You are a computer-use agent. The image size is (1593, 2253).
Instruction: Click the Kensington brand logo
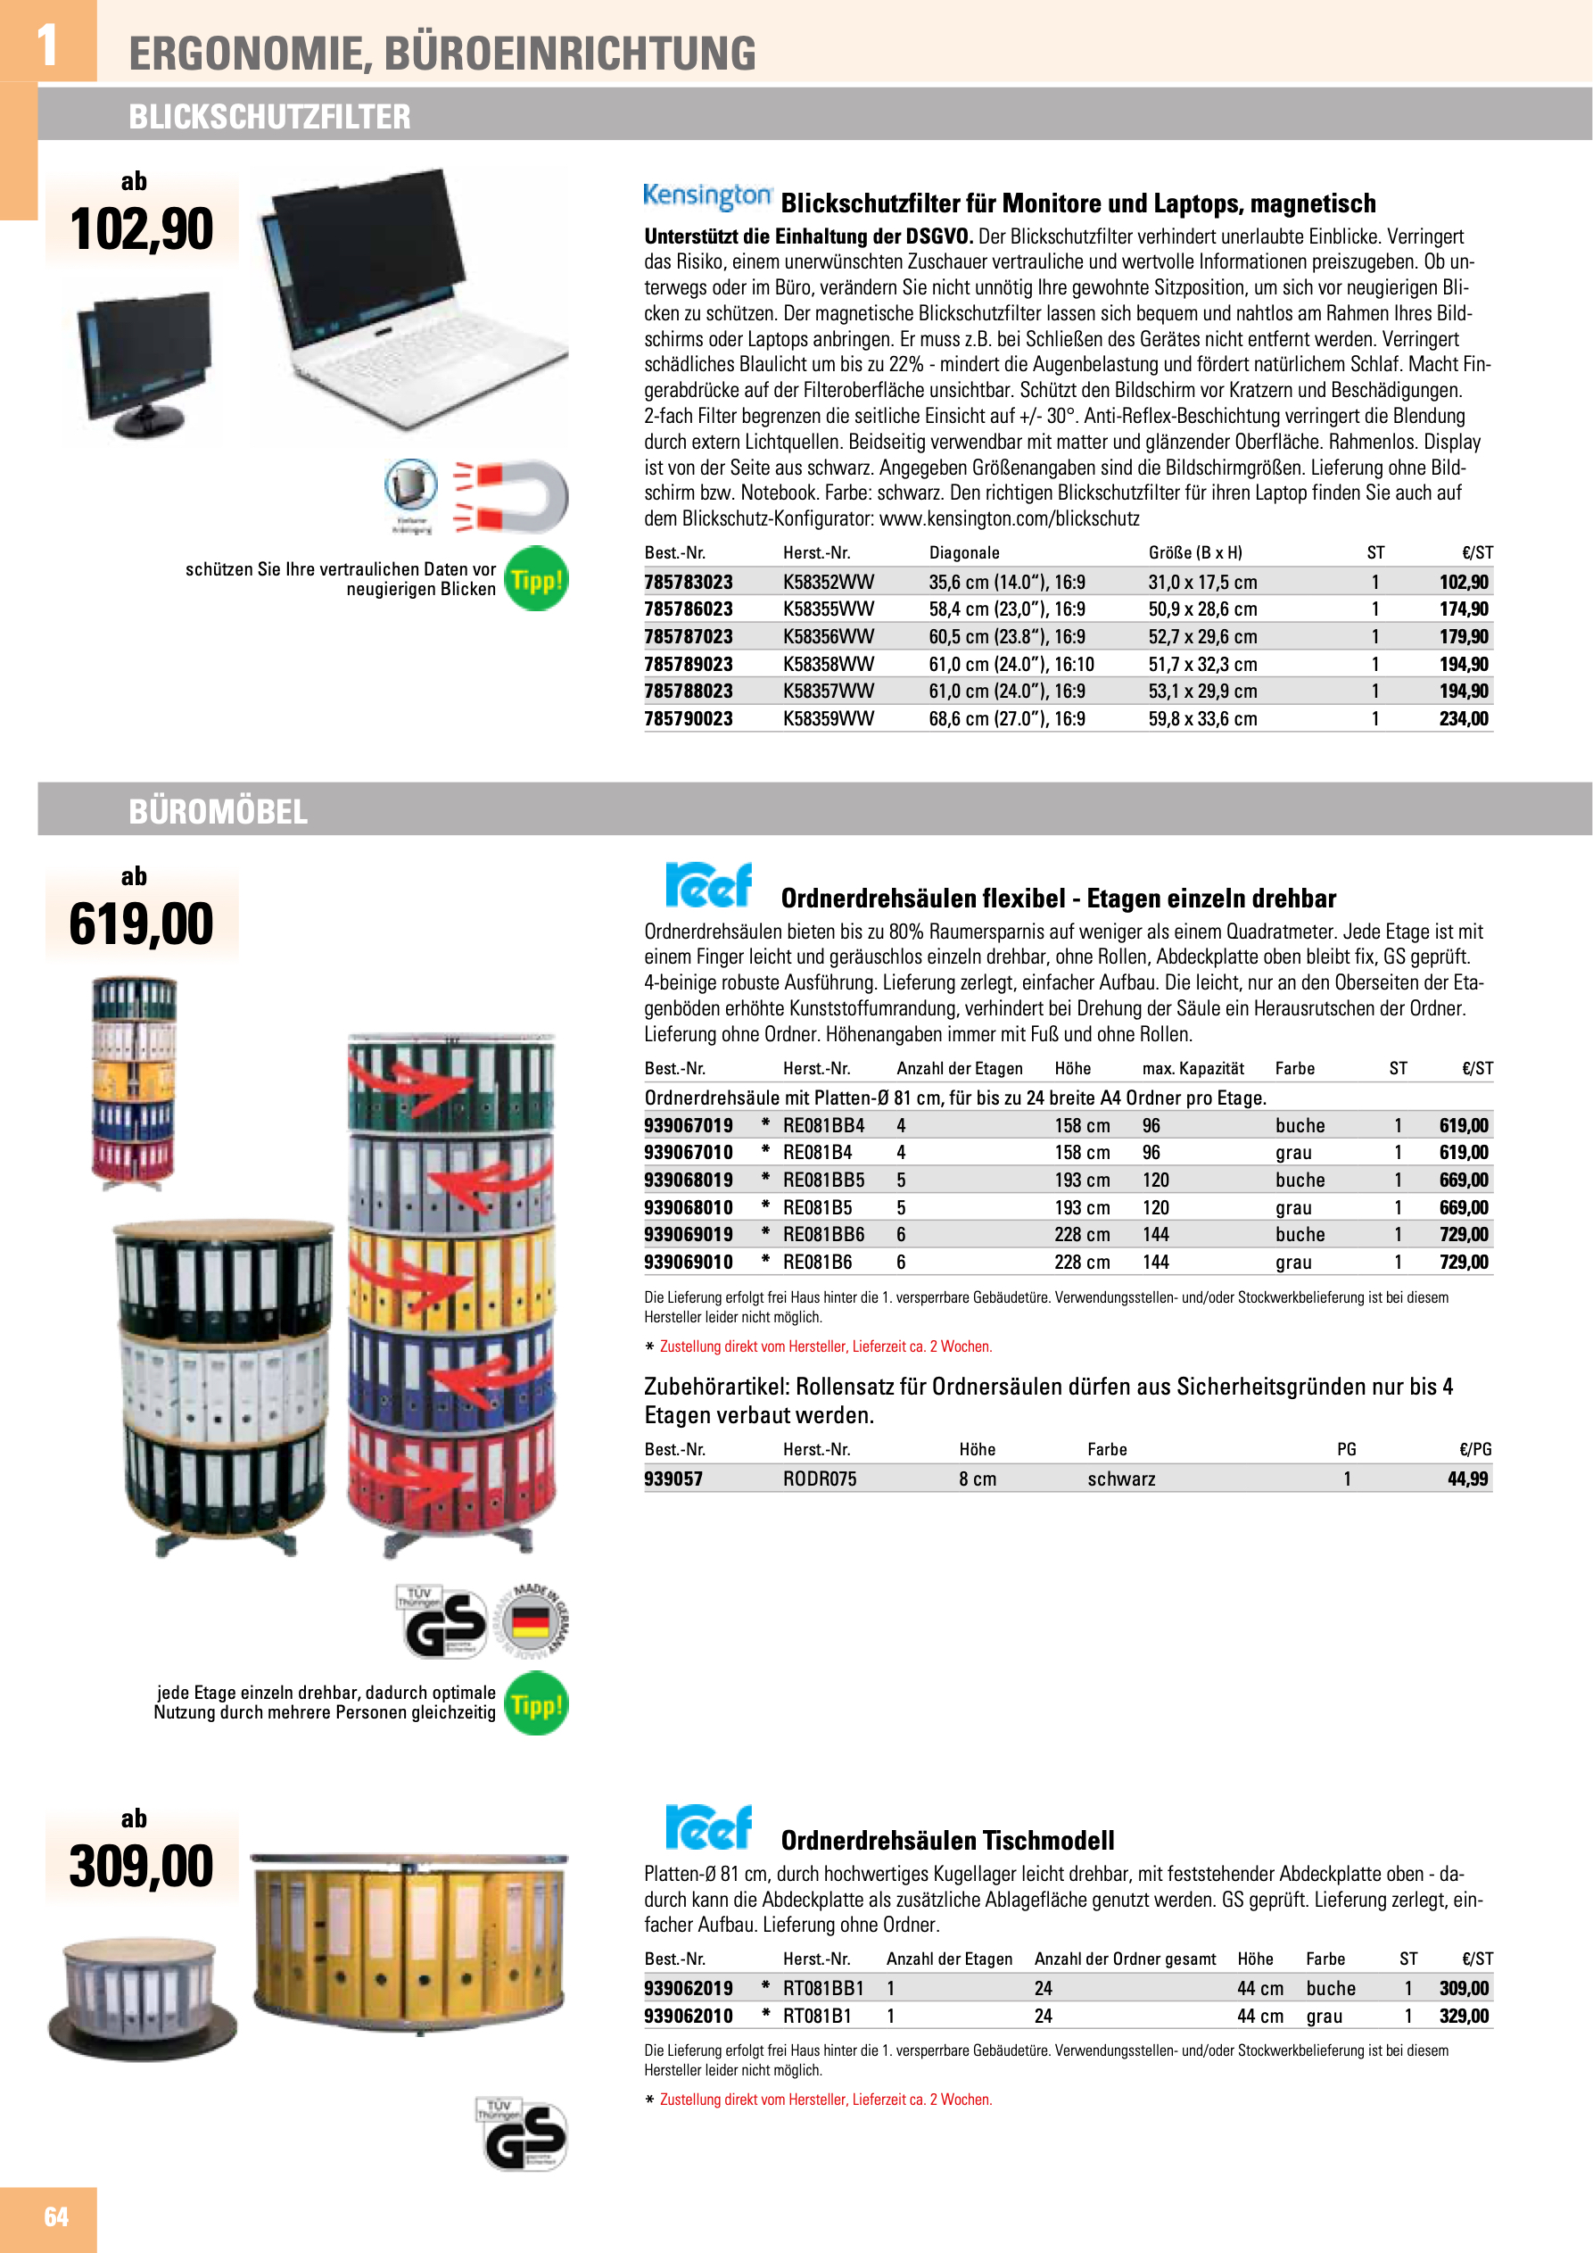(706, 195)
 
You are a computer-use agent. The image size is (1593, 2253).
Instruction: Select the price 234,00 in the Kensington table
(1463, 718)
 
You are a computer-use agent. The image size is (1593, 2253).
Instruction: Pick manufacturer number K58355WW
(827, 609)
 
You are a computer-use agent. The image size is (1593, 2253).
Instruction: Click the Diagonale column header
(963, 552)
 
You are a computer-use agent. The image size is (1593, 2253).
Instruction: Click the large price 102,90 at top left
(141, 229)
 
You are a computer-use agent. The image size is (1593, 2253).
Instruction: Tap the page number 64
(56, 2216)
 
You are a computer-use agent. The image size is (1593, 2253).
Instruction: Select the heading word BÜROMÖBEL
(218, 811)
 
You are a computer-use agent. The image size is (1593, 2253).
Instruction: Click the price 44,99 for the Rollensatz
(1468, 1479)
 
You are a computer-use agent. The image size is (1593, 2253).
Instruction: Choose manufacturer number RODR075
(819, 1479)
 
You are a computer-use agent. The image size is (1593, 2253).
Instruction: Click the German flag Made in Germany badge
(531, 1620)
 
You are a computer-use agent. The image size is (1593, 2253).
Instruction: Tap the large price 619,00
(141, 924)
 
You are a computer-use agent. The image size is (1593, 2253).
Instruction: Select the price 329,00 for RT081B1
(1463, 2016)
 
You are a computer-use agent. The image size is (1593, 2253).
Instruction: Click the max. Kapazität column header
(1192, 1069)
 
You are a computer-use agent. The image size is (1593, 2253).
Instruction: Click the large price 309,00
(141, 1867)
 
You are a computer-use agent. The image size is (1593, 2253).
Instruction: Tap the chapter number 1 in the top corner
(46, 44)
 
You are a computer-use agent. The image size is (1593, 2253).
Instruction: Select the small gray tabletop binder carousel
(142, 1997)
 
